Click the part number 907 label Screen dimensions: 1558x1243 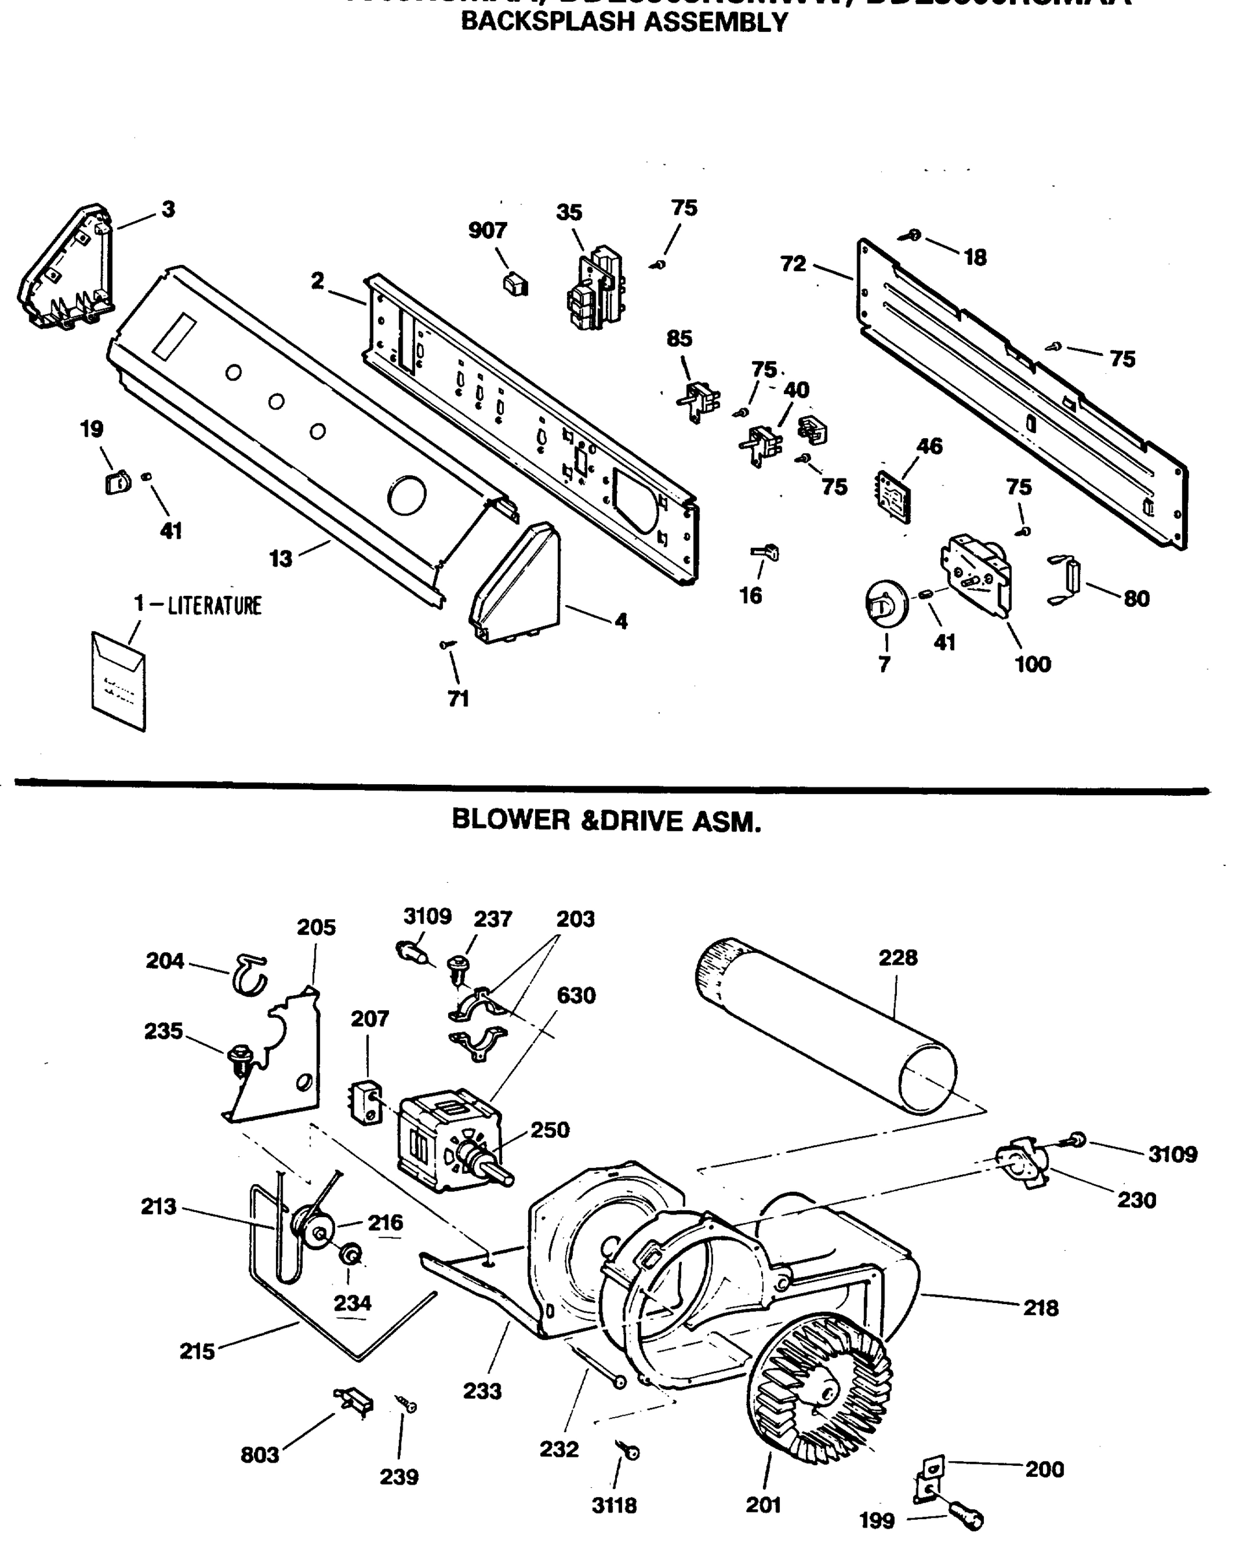click(x=487, y=230)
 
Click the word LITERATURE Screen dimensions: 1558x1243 click(x=214, y=605)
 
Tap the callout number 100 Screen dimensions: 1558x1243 click(x=1032, y=664)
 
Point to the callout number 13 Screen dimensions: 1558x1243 click(x=281, y=558)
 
